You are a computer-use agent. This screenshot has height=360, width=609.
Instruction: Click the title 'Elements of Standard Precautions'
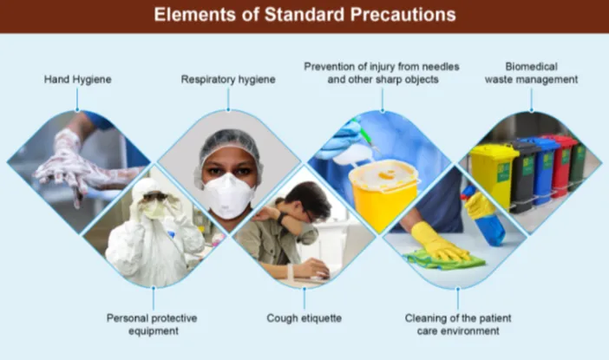304,15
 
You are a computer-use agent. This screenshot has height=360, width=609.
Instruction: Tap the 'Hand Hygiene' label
78,80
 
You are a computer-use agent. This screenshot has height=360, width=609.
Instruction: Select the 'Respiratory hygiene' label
228,80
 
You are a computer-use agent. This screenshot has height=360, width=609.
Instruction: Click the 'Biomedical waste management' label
531,73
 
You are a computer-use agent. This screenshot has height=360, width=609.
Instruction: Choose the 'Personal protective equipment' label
152,324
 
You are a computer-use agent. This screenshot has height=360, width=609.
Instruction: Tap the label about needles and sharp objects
381,73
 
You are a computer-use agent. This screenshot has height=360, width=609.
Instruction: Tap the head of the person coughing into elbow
308,205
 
